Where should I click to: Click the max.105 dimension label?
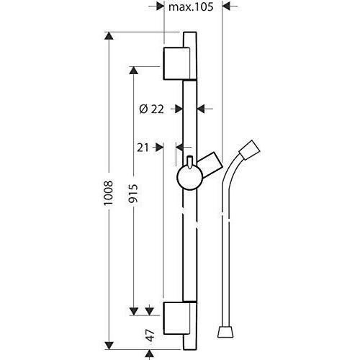[x=191, y=7]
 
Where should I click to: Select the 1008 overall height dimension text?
[x=108, y=193]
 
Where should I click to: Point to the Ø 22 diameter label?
[x=151, y=109]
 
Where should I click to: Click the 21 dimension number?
[x=143, y=148]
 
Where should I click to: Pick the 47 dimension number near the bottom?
[x=150, y=335]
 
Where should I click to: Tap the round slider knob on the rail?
[x=190, y=178]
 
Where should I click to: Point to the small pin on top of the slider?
[x=190, y=162]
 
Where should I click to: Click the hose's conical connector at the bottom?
[x=225, y=332]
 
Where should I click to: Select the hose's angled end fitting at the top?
[x=250, y=150]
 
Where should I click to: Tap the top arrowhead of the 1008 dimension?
[x=109, y=36]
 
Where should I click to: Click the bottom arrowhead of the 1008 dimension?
[x=109, y=345]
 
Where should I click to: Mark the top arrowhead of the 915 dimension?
[x=134, y=71]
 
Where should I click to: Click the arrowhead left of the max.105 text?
[x=160, y=6]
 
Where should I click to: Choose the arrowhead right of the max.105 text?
[x=227, y=6]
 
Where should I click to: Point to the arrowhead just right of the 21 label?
[x=159, y=148]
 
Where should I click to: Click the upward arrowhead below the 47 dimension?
[x=150, y=354]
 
